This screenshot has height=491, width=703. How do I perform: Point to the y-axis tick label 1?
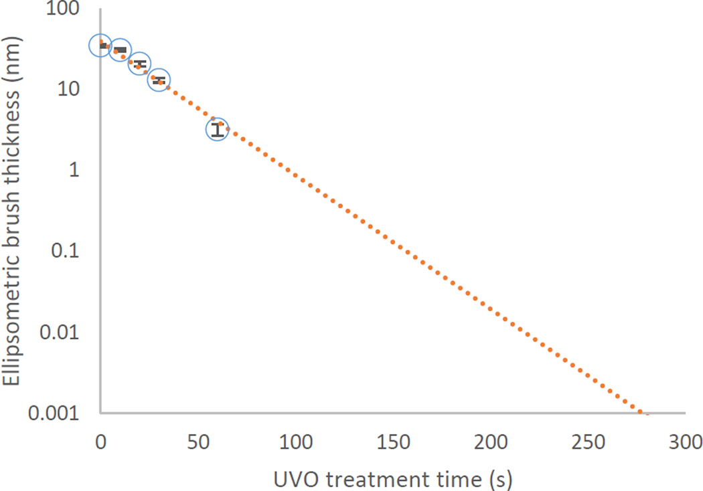[78, 170]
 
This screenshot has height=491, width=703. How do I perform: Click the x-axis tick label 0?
[100, 441]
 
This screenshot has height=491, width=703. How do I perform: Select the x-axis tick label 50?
[198, 441]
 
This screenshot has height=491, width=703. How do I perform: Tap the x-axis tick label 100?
[295, 441]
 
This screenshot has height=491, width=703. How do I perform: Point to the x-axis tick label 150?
[393, 441]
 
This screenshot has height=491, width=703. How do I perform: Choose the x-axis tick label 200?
[491, 441]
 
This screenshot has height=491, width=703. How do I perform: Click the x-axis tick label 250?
[588, 441]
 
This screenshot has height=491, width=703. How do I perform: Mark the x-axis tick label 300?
[684, 441]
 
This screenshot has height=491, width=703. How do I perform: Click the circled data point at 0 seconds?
[100, 45]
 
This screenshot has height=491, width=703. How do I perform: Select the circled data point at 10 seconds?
[120, 50]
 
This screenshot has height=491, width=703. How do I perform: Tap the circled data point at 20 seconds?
[139, 64]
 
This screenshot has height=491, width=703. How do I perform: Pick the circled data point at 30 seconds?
[159, 80]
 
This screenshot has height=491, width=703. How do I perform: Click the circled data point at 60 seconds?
[217, 130]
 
